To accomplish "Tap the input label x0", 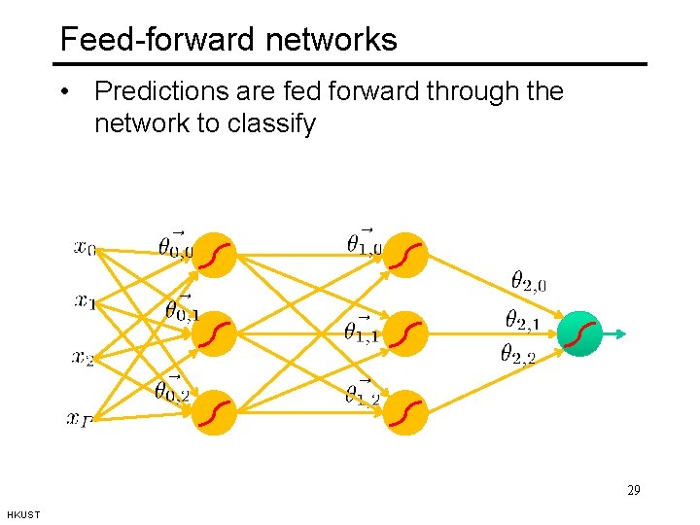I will point(86,248).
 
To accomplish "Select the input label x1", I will point(86,301).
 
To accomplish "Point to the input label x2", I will point(84,358).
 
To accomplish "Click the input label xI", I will point(80,418).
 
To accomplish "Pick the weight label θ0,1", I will point(182,310).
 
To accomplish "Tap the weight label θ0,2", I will point(172,390).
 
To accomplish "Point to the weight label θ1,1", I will point(362,332).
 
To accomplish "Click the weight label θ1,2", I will point(363,392).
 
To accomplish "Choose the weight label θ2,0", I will point(528,282).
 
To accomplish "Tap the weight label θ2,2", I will point(517,354).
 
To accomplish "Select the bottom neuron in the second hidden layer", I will point(405,411).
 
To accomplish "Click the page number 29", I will point(633,490).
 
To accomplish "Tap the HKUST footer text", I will point(23,514).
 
